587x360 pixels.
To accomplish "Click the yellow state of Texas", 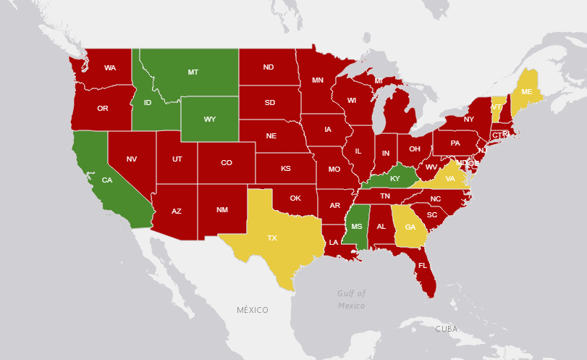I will click(x=273, y=238).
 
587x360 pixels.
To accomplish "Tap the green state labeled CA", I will click(x=106, y=180).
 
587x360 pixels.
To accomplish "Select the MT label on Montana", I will click(x=193, y=72).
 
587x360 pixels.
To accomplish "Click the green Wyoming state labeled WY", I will click(x=210, y=119).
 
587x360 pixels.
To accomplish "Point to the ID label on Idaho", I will click(x=148, y=103).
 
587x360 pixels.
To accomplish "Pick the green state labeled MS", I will click(x=357, y=227).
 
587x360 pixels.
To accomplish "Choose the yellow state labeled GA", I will click(x=410, y=227).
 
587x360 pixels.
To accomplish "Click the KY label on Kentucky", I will click(x=395, y=178).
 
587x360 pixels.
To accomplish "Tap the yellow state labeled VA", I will click(x=450, y=178).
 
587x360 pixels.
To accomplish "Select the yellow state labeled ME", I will click(x=527, y=92).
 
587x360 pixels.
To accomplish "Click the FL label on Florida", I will click(x=422, y=266).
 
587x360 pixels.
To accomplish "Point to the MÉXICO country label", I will click(x=253, y=310).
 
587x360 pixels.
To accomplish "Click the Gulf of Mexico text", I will click(x=352, y=299).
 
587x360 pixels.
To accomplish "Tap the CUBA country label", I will click(x=447, y=329).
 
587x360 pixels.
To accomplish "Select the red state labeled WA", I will click(x=110, y=68).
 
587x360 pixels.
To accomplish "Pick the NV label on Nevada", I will click(x=132, y=159).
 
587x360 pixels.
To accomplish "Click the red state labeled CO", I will click(x=227, y=163).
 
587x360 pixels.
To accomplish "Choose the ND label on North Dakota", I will click(x=269, y=67).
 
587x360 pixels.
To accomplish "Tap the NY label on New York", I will click(x=469, y=120).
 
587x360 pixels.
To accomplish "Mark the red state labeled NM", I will click(x=222, y=210).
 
